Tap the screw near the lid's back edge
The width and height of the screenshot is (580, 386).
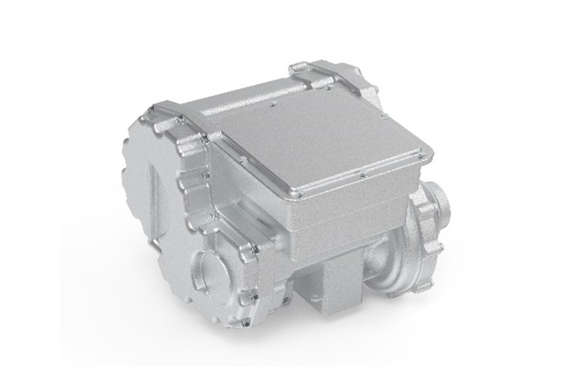tap(275, 105)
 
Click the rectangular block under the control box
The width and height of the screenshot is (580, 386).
tap(337, 283)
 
